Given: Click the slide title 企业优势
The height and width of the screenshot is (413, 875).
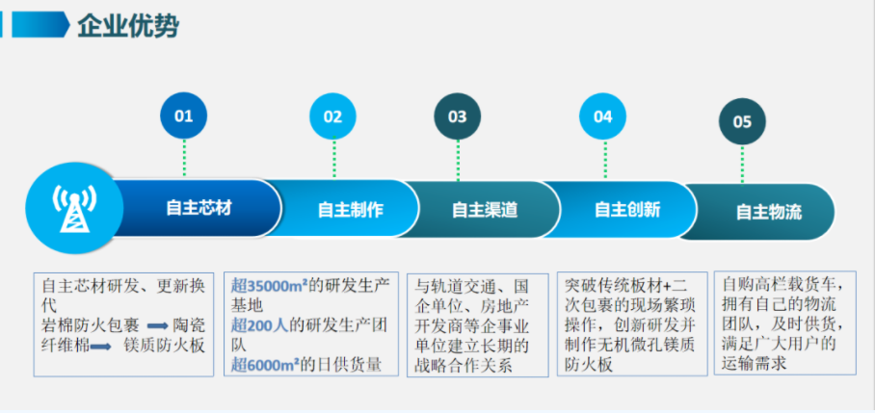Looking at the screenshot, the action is coord(128,26).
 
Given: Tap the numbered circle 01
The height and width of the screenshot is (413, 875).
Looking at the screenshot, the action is coord(184,116).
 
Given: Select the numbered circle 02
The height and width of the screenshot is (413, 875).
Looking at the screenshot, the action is coord(333,116).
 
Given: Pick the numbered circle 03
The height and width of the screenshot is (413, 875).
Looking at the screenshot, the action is coord(458,116).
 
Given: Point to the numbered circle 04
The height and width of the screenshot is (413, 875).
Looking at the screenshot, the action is coord(602,116).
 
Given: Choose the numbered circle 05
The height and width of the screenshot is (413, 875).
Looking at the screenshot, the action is coord(742,121).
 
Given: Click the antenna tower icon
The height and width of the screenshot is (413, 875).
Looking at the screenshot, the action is coord(74,207).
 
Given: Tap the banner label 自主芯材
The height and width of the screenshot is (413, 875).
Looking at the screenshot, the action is coord(199,208).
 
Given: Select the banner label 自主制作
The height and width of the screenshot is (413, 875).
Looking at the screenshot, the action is coord(351,210).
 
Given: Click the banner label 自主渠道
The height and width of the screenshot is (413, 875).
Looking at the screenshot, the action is coord(485,210).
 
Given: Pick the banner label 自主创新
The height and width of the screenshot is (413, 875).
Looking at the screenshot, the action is coord(627,210).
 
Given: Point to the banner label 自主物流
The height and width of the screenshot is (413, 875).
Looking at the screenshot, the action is coord(769,212).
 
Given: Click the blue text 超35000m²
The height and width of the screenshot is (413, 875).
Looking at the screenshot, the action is coord(270,285).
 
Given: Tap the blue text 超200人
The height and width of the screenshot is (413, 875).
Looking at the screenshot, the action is coord(260,325).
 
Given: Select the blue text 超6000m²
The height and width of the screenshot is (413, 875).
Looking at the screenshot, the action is coord(265,365).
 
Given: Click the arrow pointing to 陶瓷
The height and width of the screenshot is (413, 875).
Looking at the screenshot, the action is coord(158,326).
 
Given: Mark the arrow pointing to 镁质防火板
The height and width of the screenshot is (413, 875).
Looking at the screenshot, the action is coord(101,347).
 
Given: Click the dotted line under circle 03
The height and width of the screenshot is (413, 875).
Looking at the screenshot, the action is coord(458,161).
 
